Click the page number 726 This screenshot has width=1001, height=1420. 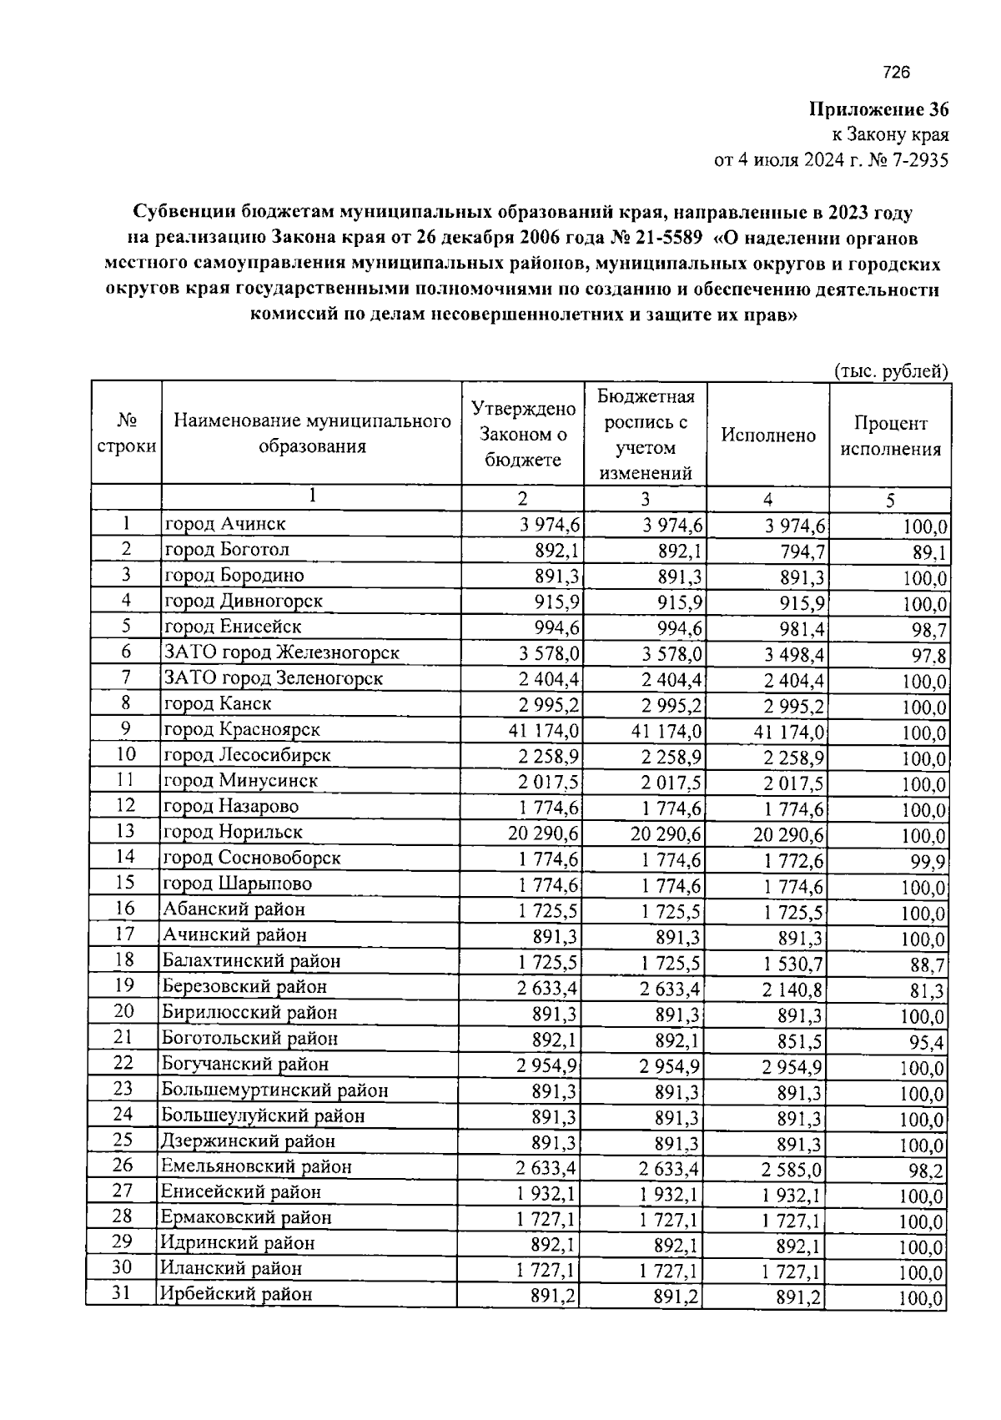pos(896,73)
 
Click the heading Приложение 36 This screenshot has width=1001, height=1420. pos(878,110)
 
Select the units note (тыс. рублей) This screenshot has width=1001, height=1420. pos(892,371)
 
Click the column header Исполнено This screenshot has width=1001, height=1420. pos(768,435)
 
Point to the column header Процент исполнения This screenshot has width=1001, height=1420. pos(890,436)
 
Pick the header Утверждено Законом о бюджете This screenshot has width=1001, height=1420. pos(523,434)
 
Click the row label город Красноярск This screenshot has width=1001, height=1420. pos(243,729)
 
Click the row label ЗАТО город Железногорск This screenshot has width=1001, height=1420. pos(281,652)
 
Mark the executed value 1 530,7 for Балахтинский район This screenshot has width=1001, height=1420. pos(793,964)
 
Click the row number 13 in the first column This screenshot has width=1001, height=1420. pos(125,831)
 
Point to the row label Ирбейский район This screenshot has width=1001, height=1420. pos(237,1294)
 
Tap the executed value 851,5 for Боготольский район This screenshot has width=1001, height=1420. pos(799,1041)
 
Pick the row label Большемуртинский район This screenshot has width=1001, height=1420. pos(274,1090)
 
